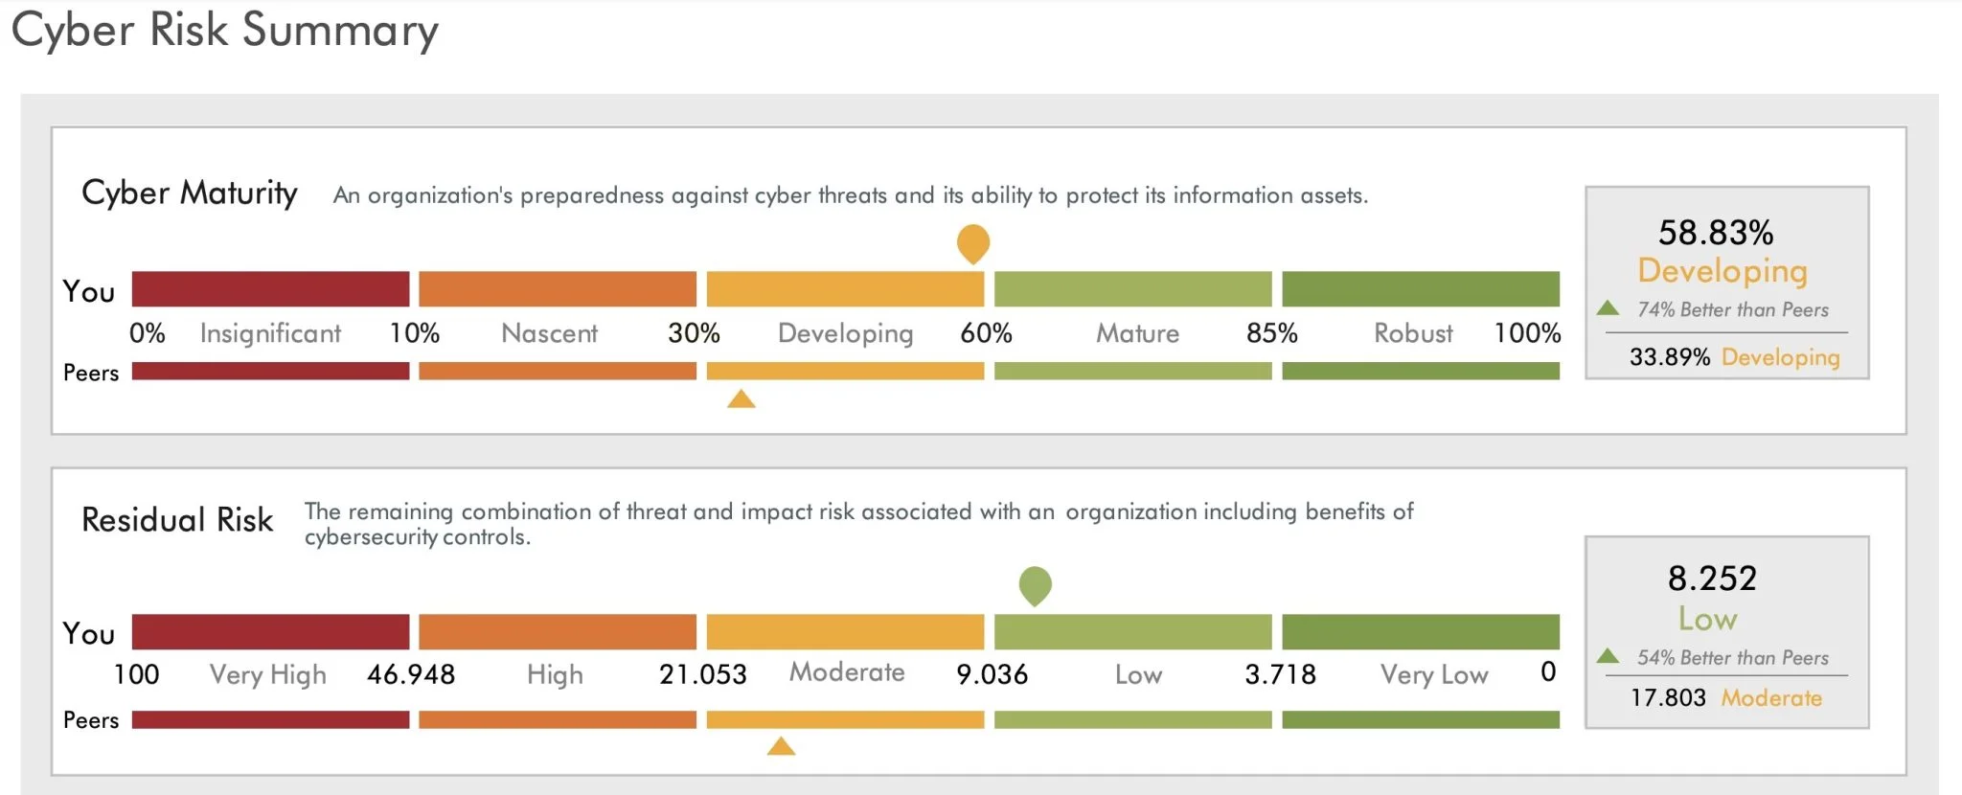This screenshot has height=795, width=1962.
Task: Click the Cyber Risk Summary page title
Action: tap(224, 31)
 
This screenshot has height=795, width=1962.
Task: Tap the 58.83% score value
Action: tap(1715, 233)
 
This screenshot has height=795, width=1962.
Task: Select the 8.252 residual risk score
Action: tap(1712, 579)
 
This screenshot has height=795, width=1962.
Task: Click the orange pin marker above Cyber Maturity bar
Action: tap(972, 242)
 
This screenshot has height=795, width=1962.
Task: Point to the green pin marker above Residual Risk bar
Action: tap(1035, 584)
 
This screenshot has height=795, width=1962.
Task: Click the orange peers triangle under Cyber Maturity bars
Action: tap(741, 399)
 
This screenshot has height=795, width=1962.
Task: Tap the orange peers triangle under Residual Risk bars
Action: tap(781, 746)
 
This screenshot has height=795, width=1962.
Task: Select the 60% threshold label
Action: tap(986, 333)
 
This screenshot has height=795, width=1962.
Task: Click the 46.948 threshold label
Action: tap(411, 674)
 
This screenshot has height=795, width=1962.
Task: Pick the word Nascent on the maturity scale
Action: tap(549, 333)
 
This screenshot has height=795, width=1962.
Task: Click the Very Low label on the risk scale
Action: tap(1433, 674)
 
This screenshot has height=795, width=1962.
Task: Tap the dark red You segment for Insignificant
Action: tap(270, 288)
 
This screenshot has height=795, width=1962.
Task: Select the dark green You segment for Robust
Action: tap(1420, 288)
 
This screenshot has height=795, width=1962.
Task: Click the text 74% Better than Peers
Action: tap(1732, 309)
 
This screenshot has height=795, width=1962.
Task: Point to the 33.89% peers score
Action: tap(1669, 357)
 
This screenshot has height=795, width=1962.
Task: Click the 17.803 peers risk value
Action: tap(1668, 697)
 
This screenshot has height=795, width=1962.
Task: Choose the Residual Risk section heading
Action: tap(177, 519)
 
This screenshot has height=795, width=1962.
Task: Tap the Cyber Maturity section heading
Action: tap(189, 193)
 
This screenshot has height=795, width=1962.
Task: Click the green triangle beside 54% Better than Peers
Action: tap(1608, 656)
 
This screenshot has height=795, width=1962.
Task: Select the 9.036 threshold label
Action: tap(992, 674)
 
